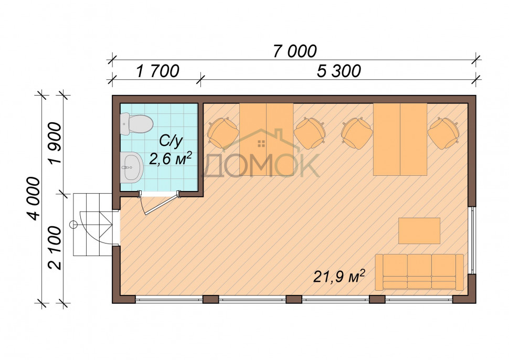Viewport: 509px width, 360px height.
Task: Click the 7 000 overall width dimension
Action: point(295,51)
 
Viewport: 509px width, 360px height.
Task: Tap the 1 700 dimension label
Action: point(158,71)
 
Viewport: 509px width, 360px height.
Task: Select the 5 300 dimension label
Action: point(338,71)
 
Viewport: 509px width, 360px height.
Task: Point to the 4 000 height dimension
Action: point(34,199)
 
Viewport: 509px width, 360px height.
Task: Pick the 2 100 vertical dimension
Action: point(54,248)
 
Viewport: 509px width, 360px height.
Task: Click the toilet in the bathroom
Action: point(136,124)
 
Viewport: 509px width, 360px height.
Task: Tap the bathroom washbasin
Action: point(132,167)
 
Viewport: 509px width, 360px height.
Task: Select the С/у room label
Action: point(171,141)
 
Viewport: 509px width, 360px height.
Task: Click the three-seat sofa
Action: point(419,272)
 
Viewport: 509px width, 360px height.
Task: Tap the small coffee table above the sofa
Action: point(419,230)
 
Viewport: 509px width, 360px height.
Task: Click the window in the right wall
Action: point(473,240)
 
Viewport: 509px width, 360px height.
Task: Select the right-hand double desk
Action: point(400,139)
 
